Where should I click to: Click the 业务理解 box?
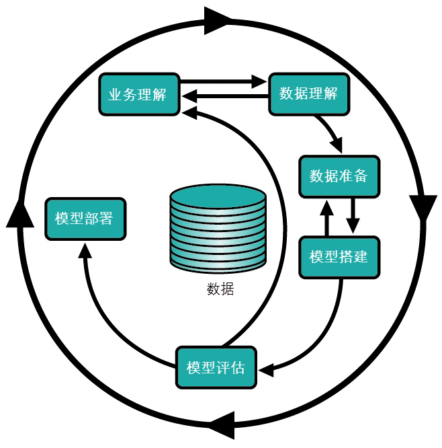pos(138,94)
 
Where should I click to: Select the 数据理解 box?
pos(308,94)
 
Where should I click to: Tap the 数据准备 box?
pos(339,176)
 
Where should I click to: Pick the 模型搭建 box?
pos(339,257)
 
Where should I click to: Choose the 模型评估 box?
pos(216,367)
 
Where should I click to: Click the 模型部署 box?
pos(84,219)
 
